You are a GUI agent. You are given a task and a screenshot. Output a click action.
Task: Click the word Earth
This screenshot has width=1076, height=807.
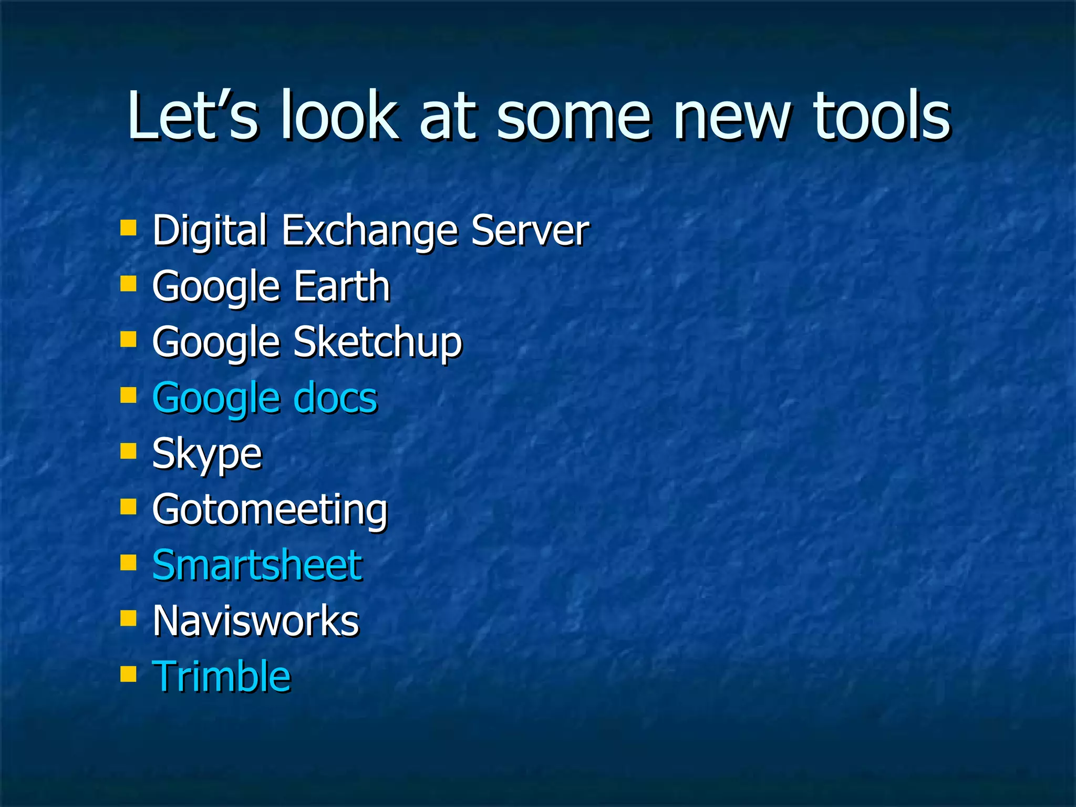point(342,286)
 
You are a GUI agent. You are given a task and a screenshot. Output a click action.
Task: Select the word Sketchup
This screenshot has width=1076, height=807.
point(378,343)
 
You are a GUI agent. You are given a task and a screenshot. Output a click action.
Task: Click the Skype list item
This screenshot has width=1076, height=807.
point(206,454)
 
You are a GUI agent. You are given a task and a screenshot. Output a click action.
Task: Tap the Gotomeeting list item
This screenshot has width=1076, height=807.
point(270,510)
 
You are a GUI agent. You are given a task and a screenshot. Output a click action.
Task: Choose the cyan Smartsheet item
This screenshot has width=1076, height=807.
point(257,565)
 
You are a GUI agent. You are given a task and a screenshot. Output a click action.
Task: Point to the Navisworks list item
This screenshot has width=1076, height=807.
point(255,621)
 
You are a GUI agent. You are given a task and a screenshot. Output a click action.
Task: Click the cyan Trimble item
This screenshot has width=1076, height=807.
point(221,677)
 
